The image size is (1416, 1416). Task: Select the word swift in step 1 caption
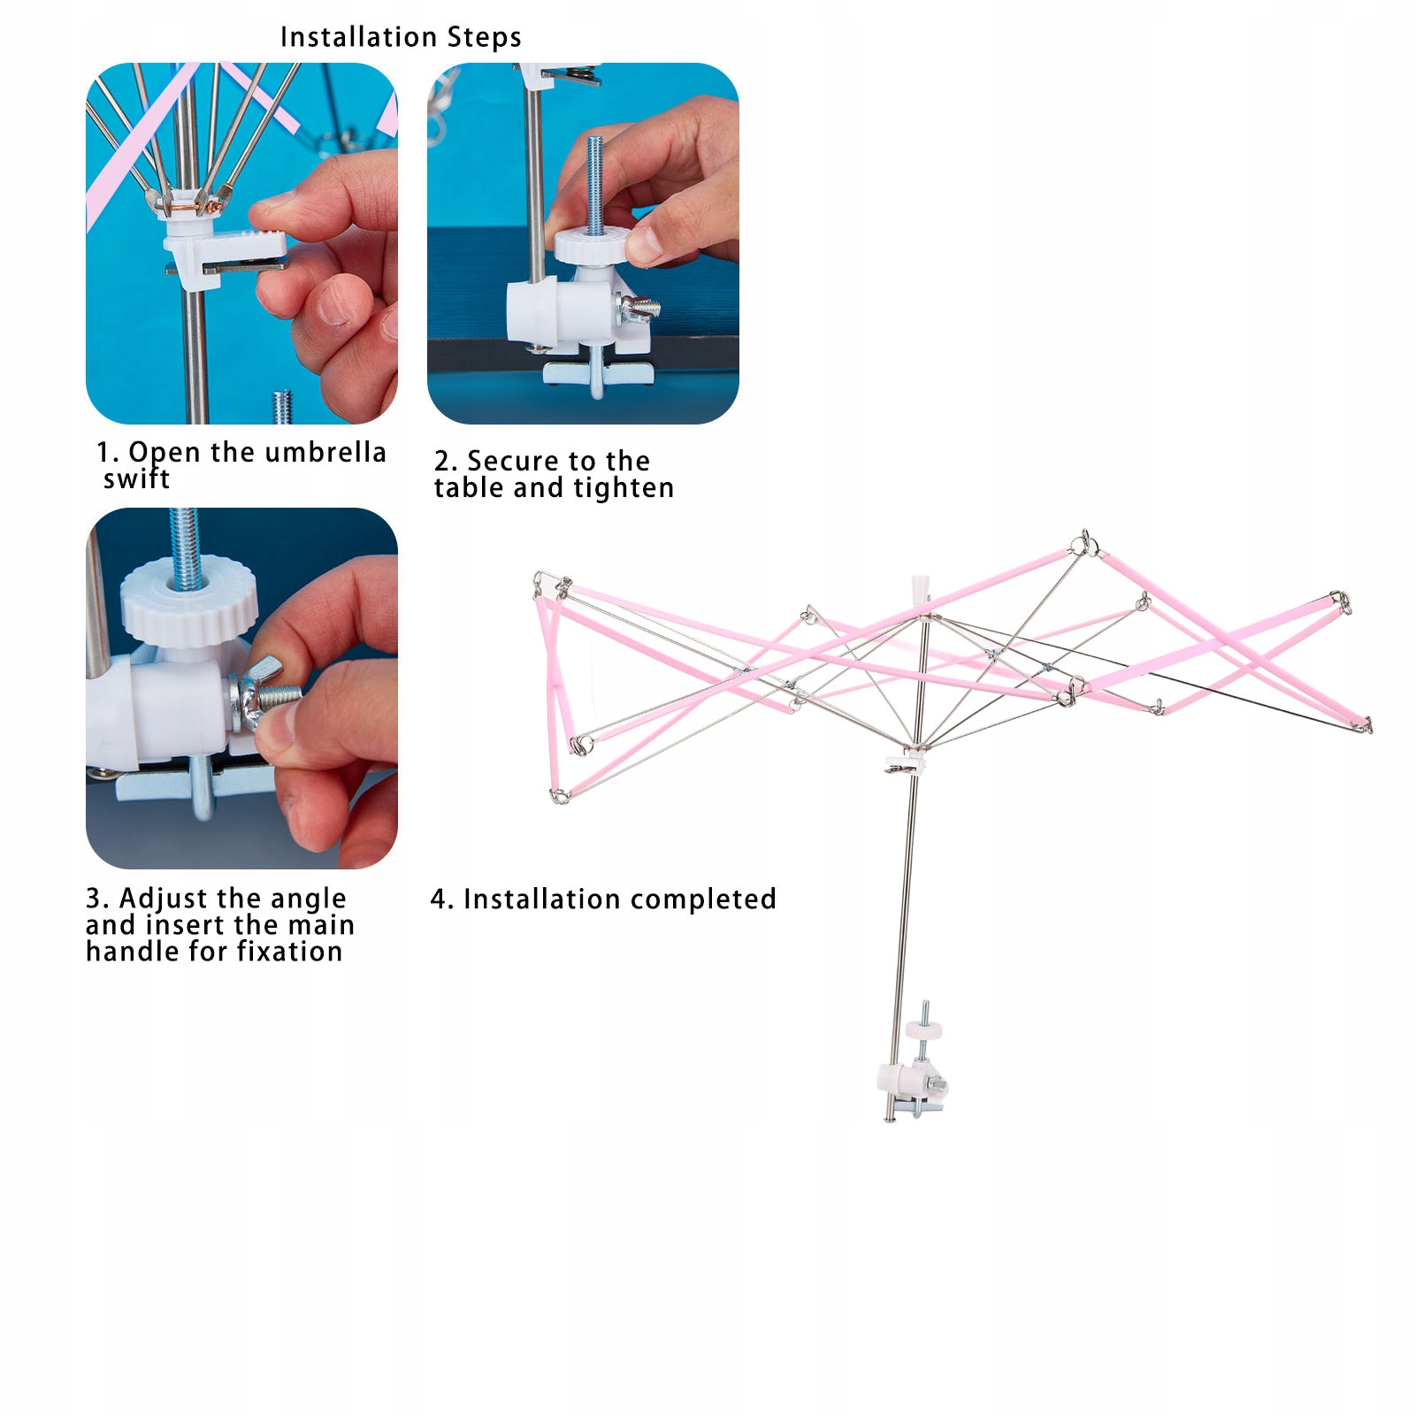point(136,479)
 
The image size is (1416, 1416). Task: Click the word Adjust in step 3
point(157,899)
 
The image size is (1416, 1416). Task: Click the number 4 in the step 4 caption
point(440,899)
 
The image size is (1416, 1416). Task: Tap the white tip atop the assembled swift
point(920,587)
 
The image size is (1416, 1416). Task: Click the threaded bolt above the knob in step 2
point(594,181)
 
